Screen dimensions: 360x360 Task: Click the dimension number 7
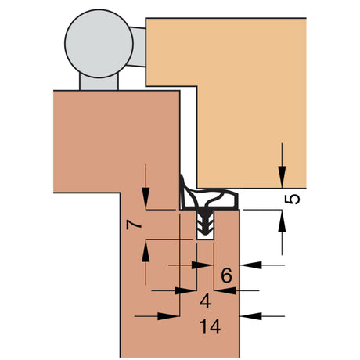(x=134, y=225)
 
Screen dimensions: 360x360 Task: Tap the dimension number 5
(x=292, y=200)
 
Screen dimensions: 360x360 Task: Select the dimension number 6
(x=226, y=275)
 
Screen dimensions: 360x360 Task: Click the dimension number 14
(x=210, y=326)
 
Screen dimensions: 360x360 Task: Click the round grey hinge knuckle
(x=99, y=44)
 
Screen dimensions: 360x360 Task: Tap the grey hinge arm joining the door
(x=137, y=46)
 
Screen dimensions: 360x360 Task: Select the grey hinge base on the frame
(x=99, y=82)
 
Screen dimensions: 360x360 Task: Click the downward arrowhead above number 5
(x=282, y=177)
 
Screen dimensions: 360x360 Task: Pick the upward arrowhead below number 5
(x=282, y=221)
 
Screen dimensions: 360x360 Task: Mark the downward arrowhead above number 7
(x=146, y=198)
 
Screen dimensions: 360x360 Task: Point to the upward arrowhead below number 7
(x=146, y=251)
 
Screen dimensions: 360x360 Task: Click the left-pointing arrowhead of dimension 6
(x=250, y=265)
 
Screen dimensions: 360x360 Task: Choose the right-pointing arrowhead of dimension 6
(x=202, y=265)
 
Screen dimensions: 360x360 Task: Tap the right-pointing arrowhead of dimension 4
(x=185, y=290)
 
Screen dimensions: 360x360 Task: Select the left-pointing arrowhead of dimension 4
(x=225, y=290)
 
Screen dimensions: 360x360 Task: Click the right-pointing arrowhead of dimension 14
(x=169, y=316)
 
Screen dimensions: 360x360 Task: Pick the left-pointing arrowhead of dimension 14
(x=250, y=316)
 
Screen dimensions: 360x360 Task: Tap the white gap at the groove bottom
(x=205, y=236)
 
